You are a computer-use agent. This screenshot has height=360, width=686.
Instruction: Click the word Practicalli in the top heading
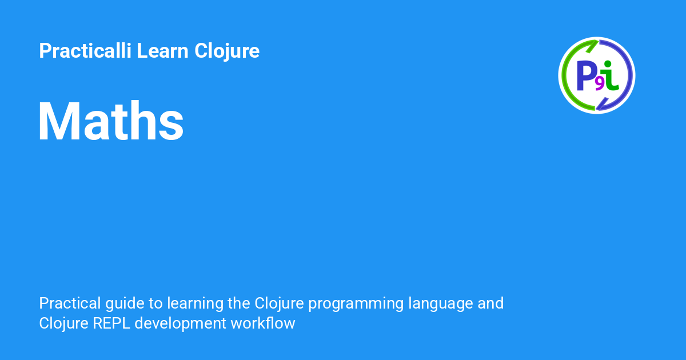[85, 51]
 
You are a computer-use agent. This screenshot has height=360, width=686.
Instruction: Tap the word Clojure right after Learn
[227, 51]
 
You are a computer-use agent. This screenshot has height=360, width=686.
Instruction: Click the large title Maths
[111, 122]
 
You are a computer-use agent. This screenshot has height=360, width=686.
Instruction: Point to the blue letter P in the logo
[587, 75]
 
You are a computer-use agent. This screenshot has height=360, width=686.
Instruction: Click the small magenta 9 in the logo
[600, 84]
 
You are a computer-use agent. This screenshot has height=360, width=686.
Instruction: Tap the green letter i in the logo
[611, 75]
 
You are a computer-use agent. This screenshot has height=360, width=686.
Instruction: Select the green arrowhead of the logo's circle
[592, 43]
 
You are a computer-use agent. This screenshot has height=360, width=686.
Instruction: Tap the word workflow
[263, 323]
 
